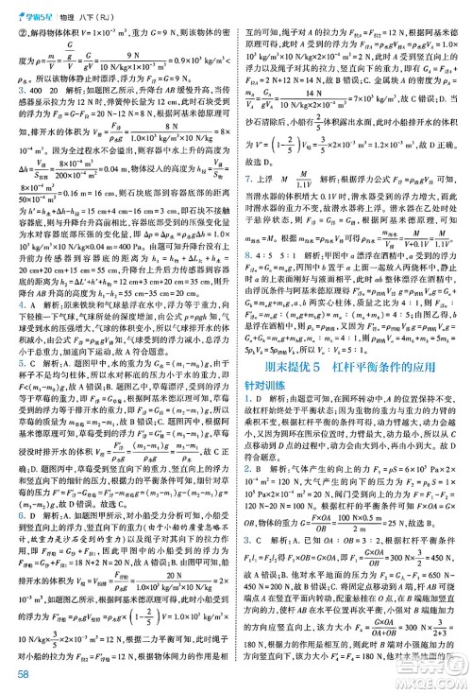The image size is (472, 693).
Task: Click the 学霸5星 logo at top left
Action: click(x=29, y=9)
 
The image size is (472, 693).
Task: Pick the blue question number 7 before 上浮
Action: click(x=247, y=205)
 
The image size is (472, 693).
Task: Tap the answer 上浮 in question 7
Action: click(x=268, y=205)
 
